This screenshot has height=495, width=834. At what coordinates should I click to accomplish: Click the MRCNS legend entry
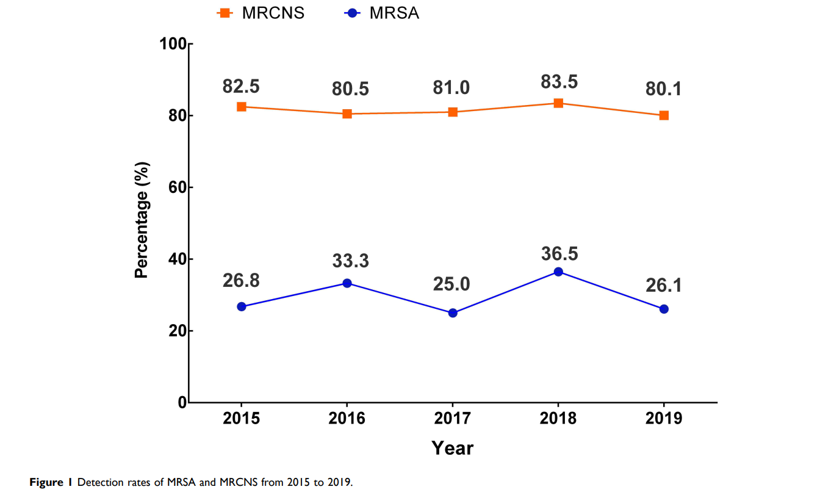click(262, 13)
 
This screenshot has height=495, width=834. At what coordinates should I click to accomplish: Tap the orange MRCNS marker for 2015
click(242, 107)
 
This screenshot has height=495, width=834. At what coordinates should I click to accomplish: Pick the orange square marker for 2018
click(558, 103)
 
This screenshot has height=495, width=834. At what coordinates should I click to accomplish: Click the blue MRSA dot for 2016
click(347, 283)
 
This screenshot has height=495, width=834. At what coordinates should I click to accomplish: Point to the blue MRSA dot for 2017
click(453, 313)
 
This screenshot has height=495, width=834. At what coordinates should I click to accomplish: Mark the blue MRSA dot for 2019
click(664, 309)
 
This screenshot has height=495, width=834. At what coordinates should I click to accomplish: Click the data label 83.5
click(559, 82)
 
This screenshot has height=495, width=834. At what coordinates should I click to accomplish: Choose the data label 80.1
click(664, 89)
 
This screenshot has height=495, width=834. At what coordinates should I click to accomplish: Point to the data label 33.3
click(351, 261)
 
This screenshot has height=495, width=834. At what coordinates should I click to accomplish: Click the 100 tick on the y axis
click(171, 44)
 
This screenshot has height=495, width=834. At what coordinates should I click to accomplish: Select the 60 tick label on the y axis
click(175, 187)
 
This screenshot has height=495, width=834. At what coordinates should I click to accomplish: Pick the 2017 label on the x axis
click(453, 419)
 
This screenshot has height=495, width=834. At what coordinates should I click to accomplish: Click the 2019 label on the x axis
click(664, 419)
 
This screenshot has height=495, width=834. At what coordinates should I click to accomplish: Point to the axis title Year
click(453, 449)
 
